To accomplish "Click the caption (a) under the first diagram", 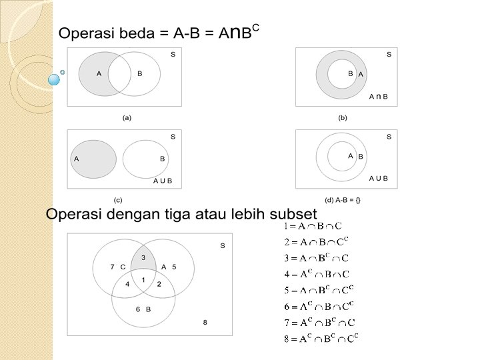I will click(x=127, y=118).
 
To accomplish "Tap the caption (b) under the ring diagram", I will click(x=343, y=118).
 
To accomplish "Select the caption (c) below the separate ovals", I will click(x=118, y=199).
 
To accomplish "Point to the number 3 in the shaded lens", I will click(x=143, y=257).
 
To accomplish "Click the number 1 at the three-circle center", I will click(x=143, y=279).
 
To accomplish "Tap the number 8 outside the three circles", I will click(x=205, y=322).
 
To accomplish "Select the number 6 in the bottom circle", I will click(x=138, y=309).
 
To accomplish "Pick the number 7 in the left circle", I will click(x=112, y=267).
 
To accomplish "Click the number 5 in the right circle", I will click(x=174, y=267).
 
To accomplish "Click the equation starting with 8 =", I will click(x=321, y=338).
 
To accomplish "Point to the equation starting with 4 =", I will click(x=317, y=273).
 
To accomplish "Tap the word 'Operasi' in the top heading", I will click(x=83, y=33).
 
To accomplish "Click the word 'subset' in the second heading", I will click(x=293, y=214).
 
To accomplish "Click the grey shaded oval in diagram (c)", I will click(x=94, y=159).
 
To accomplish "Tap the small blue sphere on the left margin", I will click(x=54, y=80).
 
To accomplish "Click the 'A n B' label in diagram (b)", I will click(x=379, y=97).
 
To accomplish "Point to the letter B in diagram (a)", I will click(x=139, y=74).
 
